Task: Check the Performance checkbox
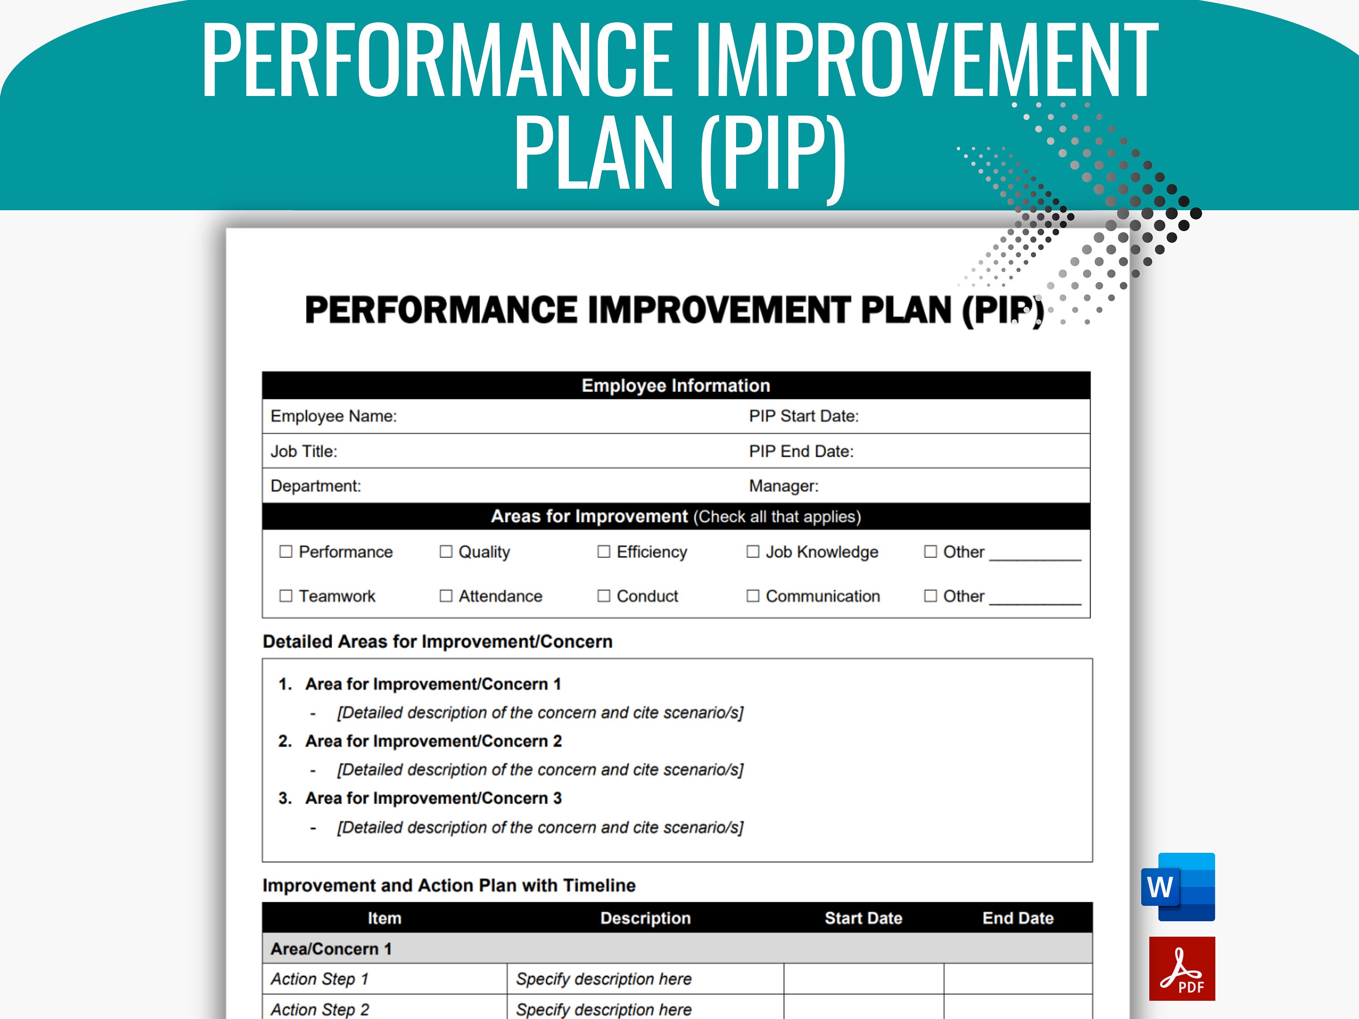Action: point(286,552)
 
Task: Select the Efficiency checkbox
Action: point(604,552)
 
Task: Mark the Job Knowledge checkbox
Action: point(752,552)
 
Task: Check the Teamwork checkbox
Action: point(286,596)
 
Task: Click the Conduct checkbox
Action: point(604,596)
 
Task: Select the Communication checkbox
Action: point(752,596)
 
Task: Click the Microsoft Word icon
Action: point(1178,886)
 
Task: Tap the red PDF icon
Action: point(1181,969)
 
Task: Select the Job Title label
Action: point(304,452)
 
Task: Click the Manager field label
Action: point(783,486)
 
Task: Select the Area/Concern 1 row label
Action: point(331,948)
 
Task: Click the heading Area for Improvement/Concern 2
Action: point(433,741)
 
